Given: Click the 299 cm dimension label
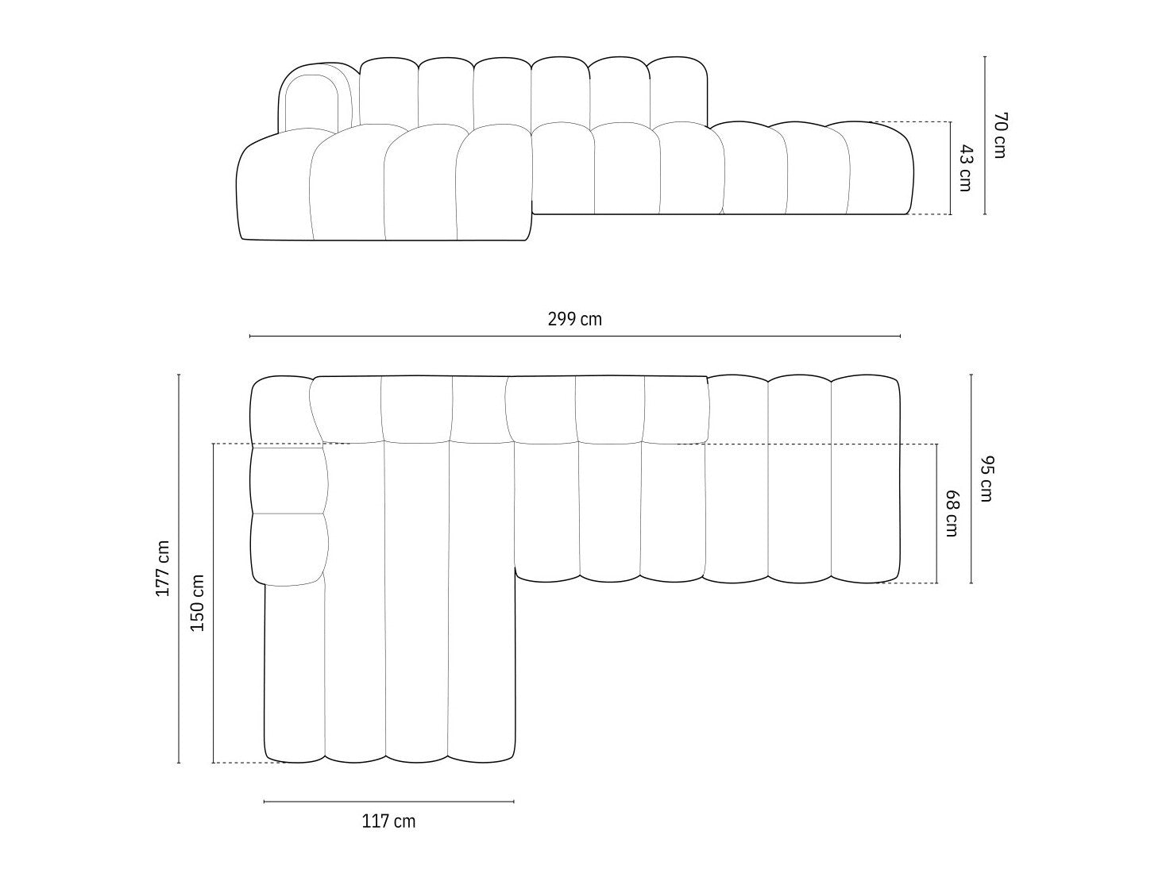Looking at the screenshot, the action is [574, 320].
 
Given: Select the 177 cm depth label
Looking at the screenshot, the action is [162, 569].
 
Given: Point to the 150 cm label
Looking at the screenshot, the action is [198, 602].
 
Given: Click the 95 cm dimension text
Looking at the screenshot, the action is [985, 479].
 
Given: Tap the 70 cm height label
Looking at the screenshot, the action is [999, 135].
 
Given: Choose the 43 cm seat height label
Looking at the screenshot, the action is [965, 168].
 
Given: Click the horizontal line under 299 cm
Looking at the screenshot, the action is [574, 337].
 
